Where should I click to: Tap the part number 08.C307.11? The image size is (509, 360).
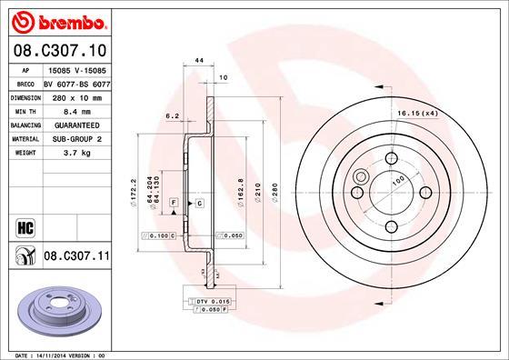[76, 257]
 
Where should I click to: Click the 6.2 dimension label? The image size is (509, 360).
[171, 116]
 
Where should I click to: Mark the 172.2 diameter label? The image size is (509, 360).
[135, 191]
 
